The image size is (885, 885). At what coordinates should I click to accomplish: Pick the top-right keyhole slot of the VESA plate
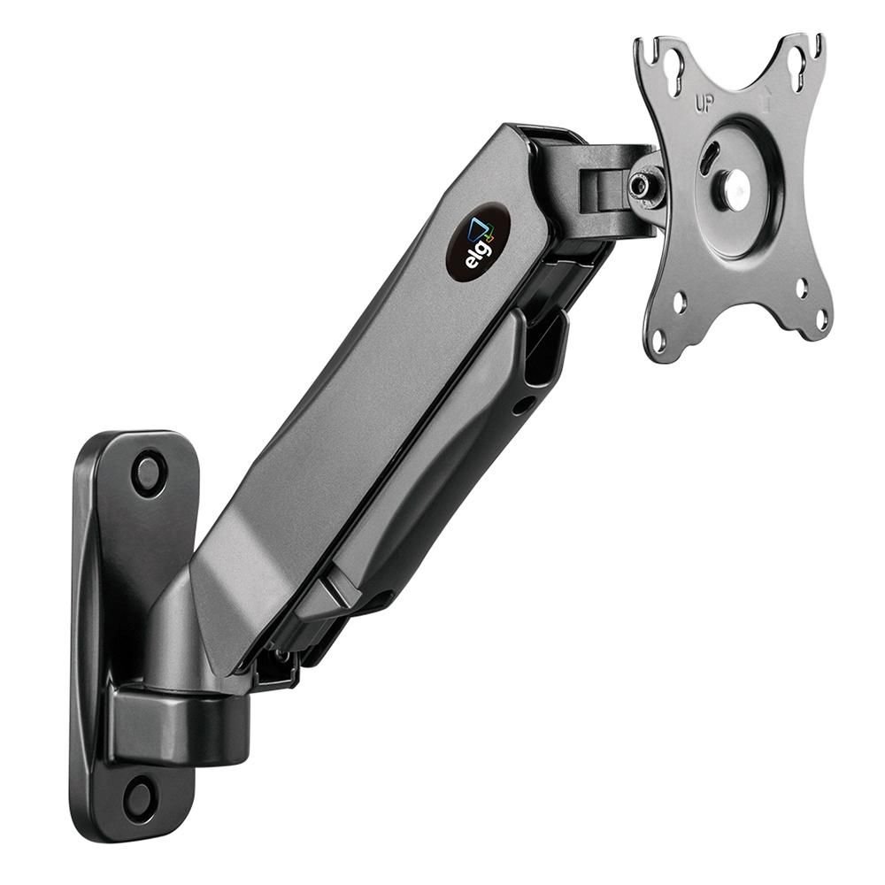point(797,60)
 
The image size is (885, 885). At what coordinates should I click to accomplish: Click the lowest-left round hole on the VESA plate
point(660,339)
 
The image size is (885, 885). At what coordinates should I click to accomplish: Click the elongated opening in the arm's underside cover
point(543,354)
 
